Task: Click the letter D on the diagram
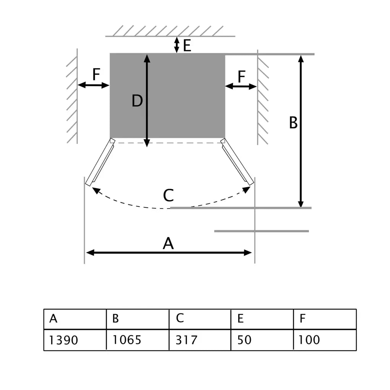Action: coord(137,101)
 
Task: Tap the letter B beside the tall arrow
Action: coord(293,123)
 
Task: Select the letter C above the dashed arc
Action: coord(168,196)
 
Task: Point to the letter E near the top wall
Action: coord(187,46)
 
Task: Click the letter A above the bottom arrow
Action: coord(168,243)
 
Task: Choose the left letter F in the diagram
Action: coord(96,75)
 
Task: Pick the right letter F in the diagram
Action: coord(241,77)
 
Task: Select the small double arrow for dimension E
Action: coord(176,45)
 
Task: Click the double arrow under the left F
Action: coord(94,85)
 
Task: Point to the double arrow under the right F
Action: coord(241,86)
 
